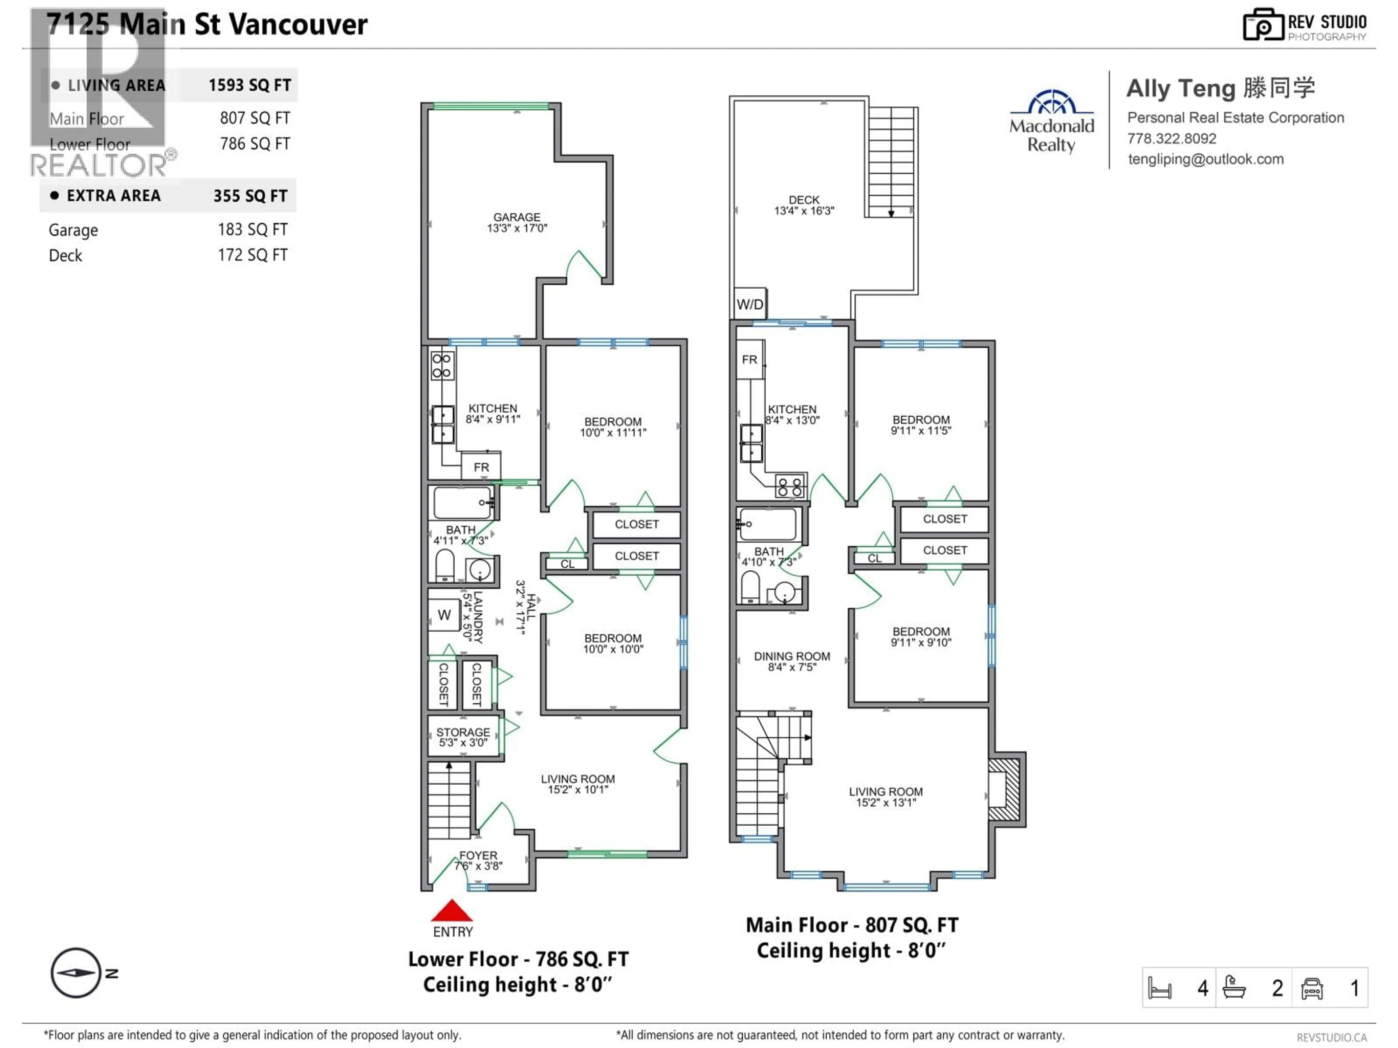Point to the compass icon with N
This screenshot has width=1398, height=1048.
[76, 973]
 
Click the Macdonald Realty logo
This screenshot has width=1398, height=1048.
[1052, 121]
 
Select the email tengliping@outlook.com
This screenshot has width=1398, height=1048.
[1205, 159]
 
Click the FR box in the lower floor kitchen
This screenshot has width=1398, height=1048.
[481, 467]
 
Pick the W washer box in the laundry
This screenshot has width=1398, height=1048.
[444, 615]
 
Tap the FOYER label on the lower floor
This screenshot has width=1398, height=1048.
[478, 860]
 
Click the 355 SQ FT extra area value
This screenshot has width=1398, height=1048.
[250, 196]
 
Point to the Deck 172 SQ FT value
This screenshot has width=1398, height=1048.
[252, 255]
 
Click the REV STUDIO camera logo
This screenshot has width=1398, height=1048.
[1263, 25]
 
